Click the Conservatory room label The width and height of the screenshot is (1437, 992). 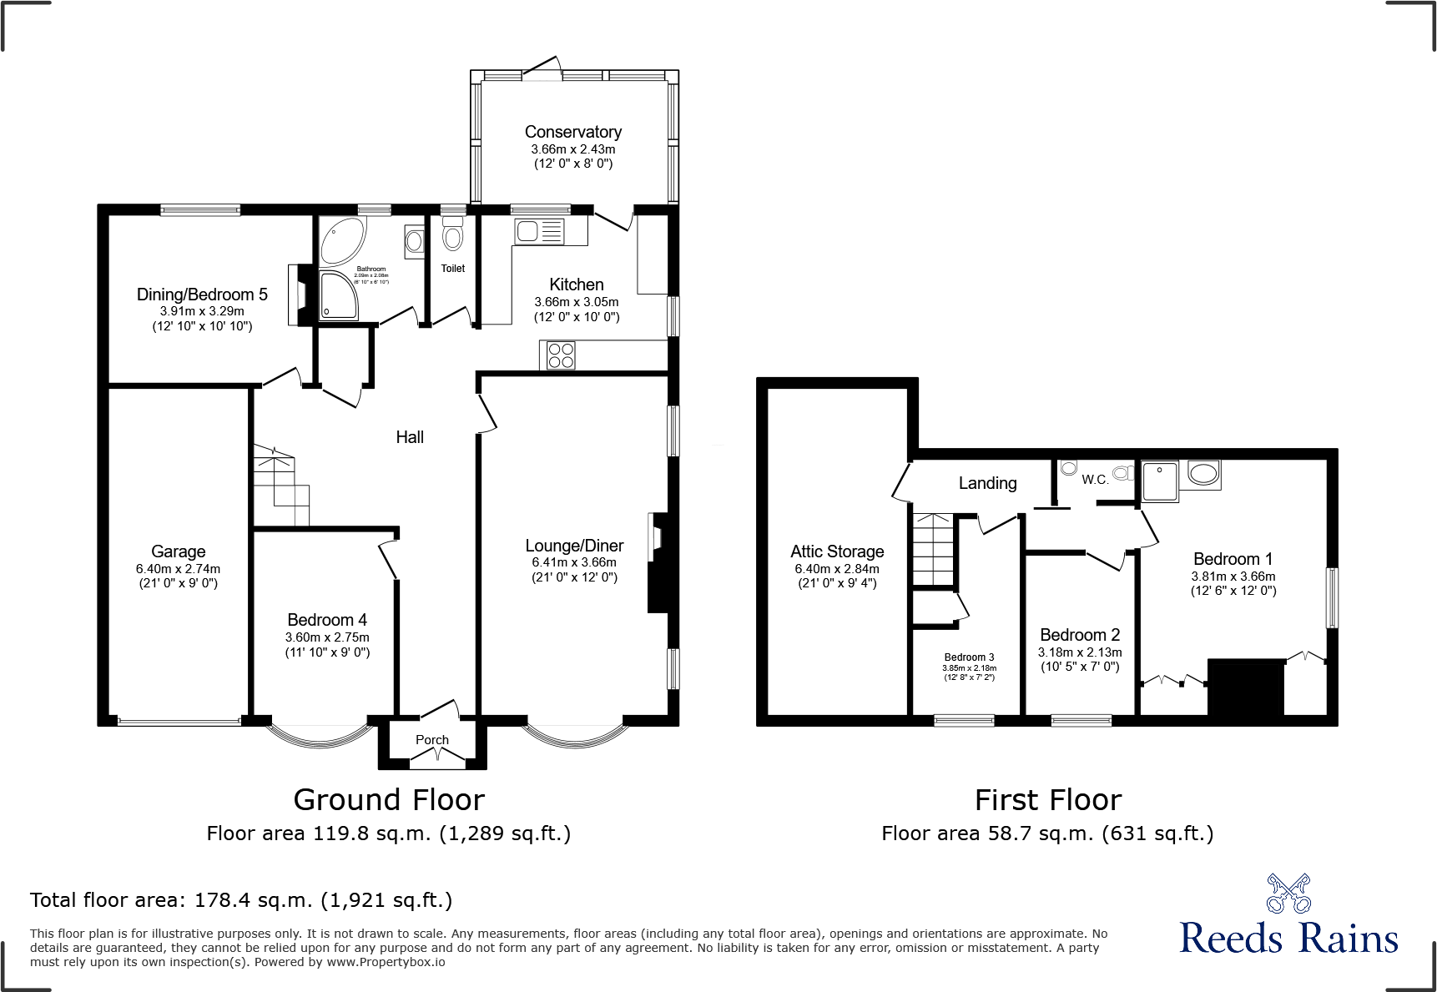click(x=572, y=132)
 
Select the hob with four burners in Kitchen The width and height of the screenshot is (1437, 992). click(x=561, y=355)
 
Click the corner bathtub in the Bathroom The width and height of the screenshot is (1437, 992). click(x=341, y=239)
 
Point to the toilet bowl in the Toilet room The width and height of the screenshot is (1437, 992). click(x=452, y=236)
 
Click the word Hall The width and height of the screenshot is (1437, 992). click(x=410, y=437)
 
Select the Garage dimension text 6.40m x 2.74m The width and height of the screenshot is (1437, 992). click(x=178, y=568)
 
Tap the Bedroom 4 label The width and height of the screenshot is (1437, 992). click(x=326, y=620)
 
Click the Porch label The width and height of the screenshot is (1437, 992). click(x=431, y=740)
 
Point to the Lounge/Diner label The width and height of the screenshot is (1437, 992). click(x=574, y=546)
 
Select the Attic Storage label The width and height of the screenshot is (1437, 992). click(x=837, y=551)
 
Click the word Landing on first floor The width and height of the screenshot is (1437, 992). click(x=987, y=483)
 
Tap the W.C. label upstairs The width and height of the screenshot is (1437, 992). click(x=1094, y=480)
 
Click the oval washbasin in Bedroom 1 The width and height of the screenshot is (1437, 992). click(x=1203, y=474)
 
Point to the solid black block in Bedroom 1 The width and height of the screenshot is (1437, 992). click(x=1246, y=687)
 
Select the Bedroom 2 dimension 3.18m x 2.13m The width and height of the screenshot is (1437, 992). click(x=1080, y=652)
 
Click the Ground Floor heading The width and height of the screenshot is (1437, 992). click(x=389, y=800)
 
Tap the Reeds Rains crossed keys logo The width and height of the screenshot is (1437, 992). click(x=1288, y=894)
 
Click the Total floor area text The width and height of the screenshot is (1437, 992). click(x=241, y=900)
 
